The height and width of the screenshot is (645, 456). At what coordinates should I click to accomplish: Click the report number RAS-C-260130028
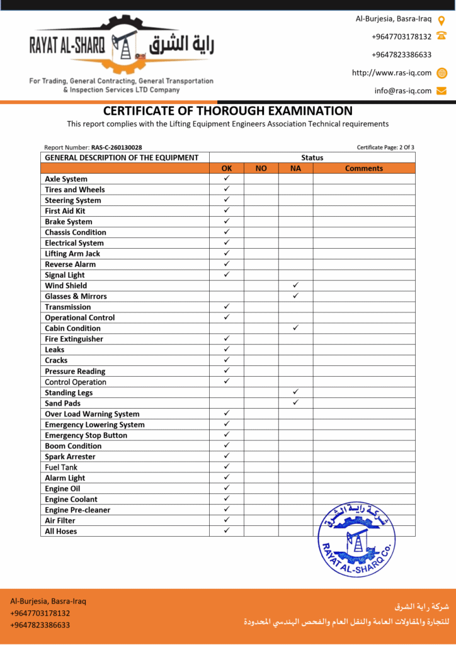[x=117, y=147]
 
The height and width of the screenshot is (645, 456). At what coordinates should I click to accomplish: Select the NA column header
[x=295, y=168]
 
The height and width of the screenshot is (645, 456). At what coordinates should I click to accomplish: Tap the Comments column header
[x=364, y=168]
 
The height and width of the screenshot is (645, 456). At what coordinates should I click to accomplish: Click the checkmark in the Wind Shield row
[x=295, y=285]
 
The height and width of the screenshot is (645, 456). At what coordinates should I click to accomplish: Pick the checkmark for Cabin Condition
[x=295, y=328]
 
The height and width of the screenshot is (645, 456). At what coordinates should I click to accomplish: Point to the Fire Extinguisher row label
[x=74, y=339]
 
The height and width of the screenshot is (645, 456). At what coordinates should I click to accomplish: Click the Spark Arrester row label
[x=70, y=457]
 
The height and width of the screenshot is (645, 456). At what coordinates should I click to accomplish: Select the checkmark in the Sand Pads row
[x=295, y=402]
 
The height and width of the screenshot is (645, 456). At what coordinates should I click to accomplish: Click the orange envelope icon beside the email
[x=442, y=91]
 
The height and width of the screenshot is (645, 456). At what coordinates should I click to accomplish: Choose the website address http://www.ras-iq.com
[x=392, y=72]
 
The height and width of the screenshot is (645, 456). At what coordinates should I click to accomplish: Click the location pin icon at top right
[x=442, y=20]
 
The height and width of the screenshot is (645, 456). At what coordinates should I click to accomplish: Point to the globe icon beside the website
[x=442, y=72]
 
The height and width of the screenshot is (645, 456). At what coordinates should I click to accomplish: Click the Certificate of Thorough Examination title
[x=227, y=111]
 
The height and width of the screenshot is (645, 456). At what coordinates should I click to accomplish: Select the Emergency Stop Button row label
[x=86, y=435]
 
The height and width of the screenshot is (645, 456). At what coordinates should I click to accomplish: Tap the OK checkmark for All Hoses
[x=227, y=530]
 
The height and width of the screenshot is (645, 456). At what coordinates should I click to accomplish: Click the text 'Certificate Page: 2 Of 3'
[x=385, y=147]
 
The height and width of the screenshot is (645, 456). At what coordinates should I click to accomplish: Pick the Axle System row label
[x=66, y=179]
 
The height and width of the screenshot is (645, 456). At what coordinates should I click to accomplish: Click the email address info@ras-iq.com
[x=403, y=91]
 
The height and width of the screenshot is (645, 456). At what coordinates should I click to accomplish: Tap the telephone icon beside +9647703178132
[x=442, y=37]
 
